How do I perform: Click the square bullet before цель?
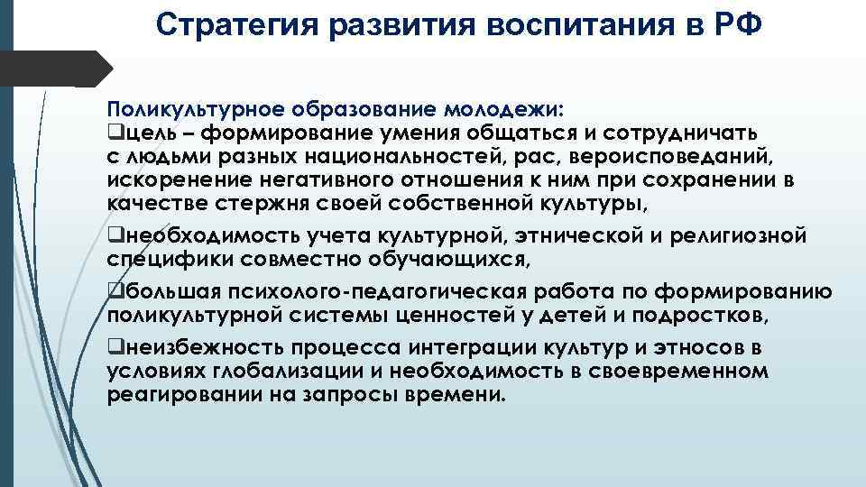[112, 135]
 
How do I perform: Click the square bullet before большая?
[112, 292]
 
